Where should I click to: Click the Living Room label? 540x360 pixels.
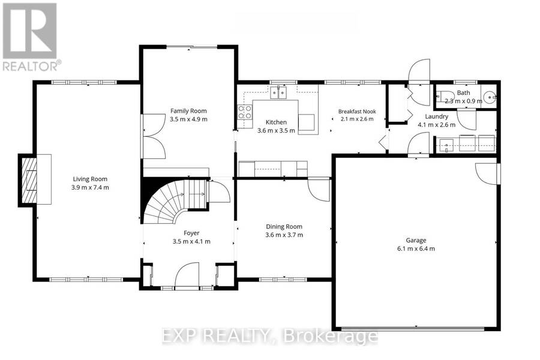tap(90, 179)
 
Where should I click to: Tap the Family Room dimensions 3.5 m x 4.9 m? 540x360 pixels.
tap(189, 119)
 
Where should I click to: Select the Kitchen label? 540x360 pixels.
tap(276, 122)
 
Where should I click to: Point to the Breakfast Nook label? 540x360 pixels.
tap(357, 112)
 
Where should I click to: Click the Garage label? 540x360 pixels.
tap(416, 241)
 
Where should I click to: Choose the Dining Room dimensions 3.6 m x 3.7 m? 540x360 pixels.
tap(284, 235)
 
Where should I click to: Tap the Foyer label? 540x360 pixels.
tap(191, 233)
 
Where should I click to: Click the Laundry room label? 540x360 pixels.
tap(436, 116)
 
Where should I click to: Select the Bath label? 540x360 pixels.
tap(464, 92)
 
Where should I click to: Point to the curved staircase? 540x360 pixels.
tap(176, 202)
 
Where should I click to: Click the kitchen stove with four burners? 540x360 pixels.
tap(245, 112)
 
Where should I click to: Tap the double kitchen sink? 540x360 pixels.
tap(278, 93)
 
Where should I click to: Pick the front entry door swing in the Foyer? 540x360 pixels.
tap(187, 275)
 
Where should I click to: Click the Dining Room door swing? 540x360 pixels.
tap(319, 190)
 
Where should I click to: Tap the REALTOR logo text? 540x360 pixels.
tap(32, 65)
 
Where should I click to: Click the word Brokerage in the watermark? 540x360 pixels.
tap(330, 337)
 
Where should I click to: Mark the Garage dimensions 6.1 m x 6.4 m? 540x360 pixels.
tap(416, 249)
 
